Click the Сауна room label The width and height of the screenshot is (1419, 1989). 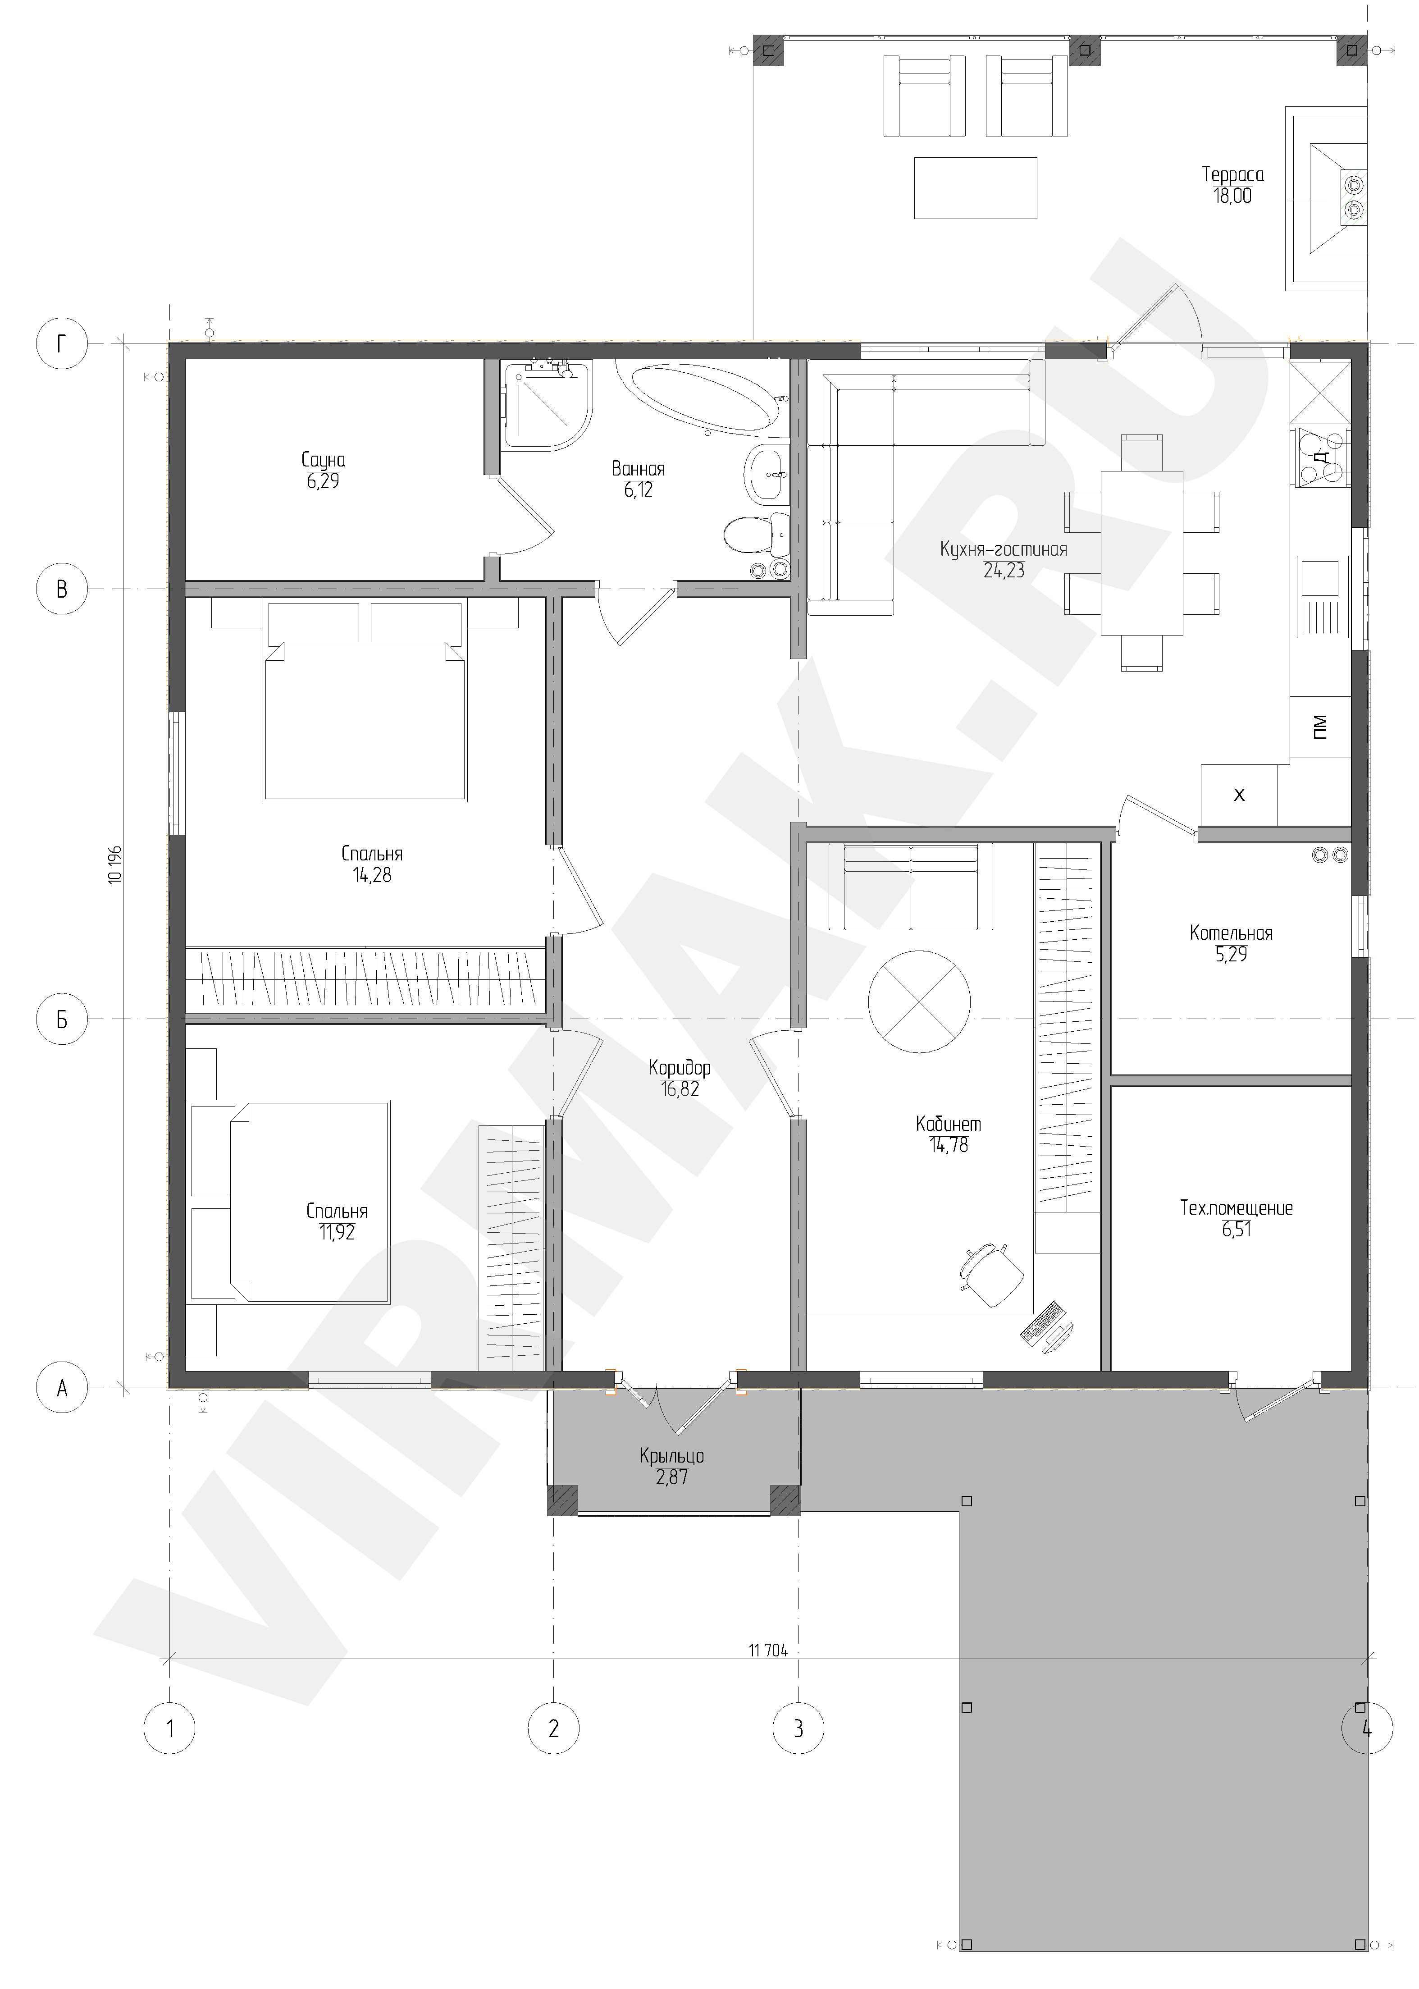pyautogui.click(x=323, y=460)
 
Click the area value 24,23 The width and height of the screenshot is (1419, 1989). pyautogui.click(x=1004, y=571)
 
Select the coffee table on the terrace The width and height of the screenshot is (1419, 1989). pyautogui.click(x=975, y=188)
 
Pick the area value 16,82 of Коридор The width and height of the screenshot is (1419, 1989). pyautogui.click(x=680, y=1090)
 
